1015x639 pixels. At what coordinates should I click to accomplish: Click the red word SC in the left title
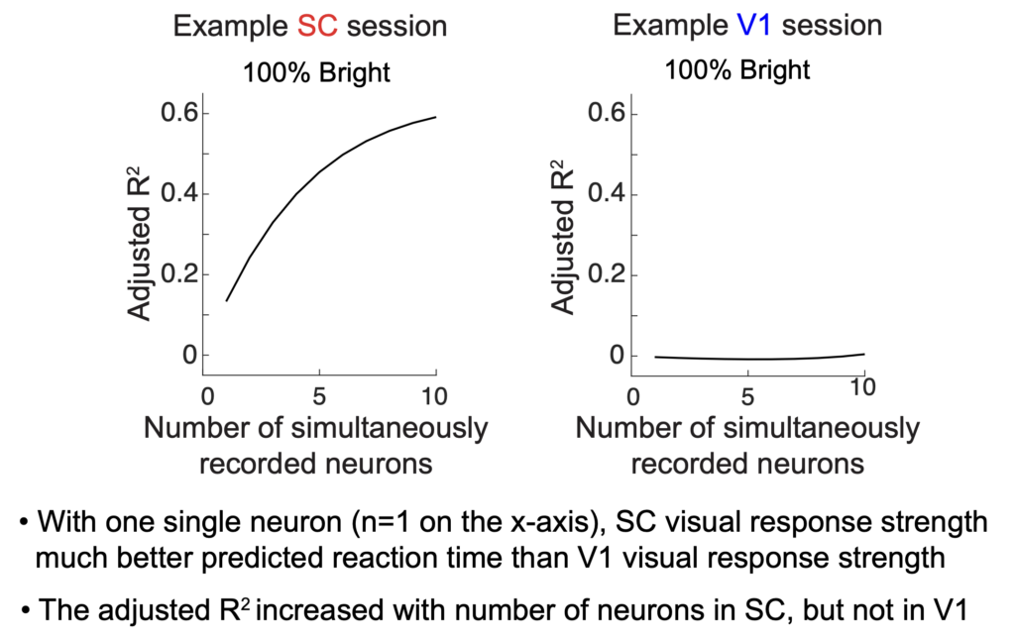coord(318,26)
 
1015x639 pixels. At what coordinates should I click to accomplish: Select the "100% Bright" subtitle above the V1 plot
coord(736,69)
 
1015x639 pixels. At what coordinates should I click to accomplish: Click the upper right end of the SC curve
coord(434,117)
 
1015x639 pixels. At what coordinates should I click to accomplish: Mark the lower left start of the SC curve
coord(227,299)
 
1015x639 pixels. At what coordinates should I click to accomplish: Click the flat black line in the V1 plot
coord(753,359)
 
